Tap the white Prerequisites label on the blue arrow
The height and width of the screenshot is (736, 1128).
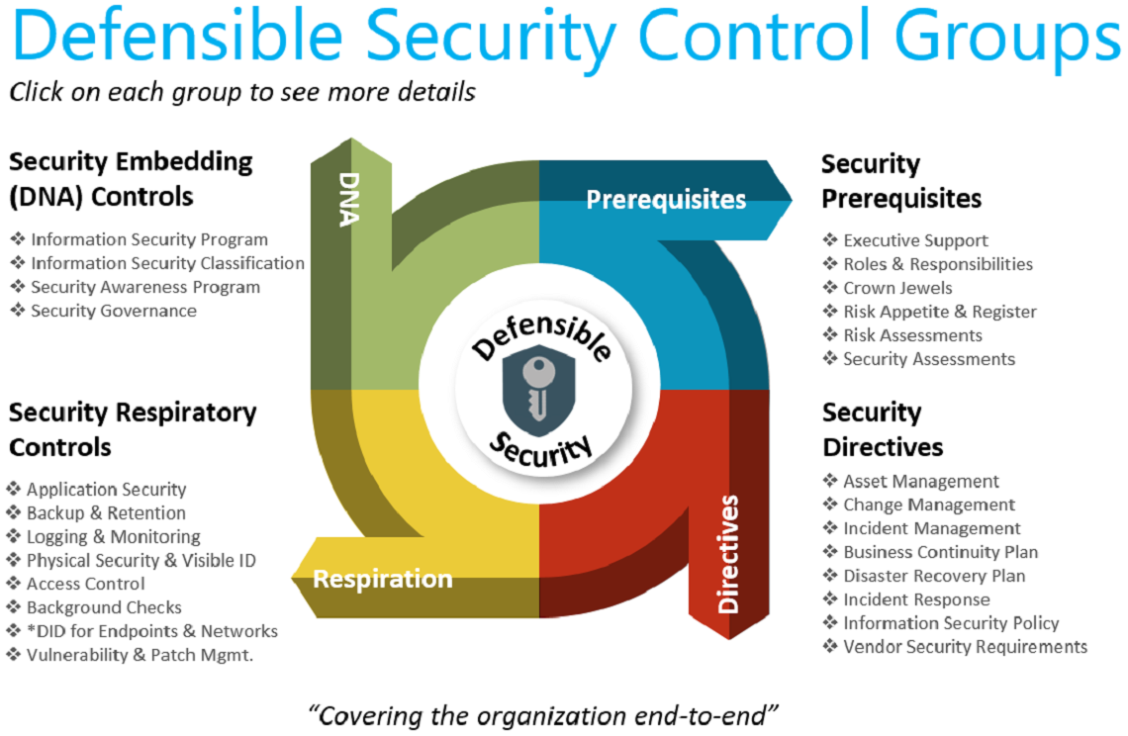click(x=665, y=200)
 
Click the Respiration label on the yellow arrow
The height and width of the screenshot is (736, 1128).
click(x=382, y=579)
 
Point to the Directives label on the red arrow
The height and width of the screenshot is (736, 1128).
click(x=728, y=553)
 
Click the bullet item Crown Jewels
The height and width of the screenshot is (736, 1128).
click(x=897, y=288)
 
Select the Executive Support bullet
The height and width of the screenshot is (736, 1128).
click(x=914, y=240)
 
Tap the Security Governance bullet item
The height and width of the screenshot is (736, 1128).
click(x=113, y=311)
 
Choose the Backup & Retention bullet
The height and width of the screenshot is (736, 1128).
click(x=106, y=513)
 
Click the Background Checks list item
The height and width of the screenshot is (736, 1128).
click(x=104, y=607)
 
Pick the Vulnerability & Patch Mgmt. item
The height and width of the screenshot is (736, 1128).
click(x=140, y=655)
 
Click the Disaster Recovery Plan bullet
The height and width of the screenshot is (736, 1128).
click(x=933, y=576)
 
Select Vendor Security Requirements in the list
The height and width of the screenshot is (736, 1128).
click(x=965, y=647)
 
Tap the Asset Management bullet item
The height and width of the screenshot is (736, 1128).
click(x=920, y=482)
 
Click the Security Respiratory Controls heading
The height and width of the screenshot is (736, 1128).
click(x=133, y=429)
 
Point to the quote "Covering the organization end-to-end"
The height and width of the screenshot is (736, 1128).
click(x=544, y=714)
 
